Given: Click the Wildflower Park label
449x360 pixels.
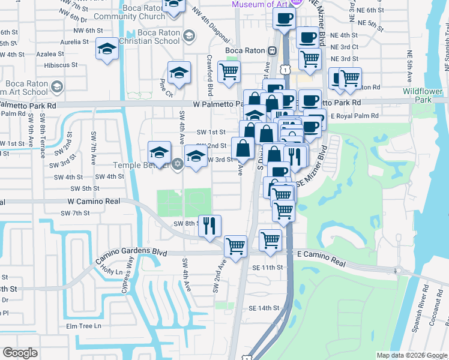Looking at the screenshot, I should (x=423, y=95).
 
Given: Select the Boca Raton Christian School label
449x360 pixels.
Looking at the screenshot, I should (x=149, y=37).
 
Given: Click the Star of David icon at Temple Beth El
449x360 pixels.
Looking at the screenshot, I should (x=176, y=164).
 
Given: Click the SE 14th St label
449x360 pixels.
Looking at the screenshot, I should (x=264, y=308).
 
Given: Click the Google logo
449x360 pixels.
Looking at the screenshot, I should (x=20, y=353).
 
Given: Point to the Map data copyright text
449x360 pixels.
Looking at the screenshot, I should (x=411, y=355).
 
